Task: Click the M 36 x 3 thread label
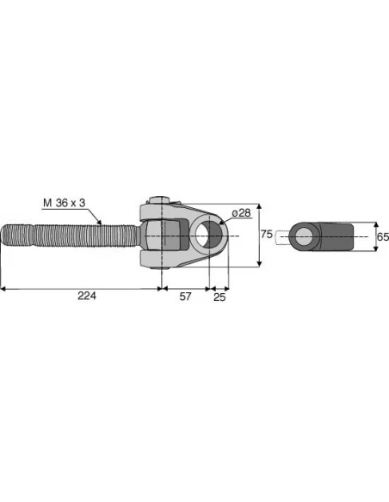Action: click(65, 203)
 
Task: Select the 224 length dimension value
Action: click(86, 297)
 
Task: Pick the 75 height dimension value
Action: click(267, 235)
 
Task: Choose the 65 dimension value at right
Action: click(382, 236)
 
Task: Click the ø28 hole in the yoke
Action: click(207, 235)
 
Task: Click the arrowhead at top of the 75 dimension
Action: click(258, 207)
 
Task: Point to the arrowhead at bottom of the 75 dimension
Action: click(258, 265)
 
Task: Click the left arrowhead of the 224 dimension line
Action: click(3, 288)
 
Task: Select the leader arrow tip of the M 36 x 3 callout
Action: click(102, 223)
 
